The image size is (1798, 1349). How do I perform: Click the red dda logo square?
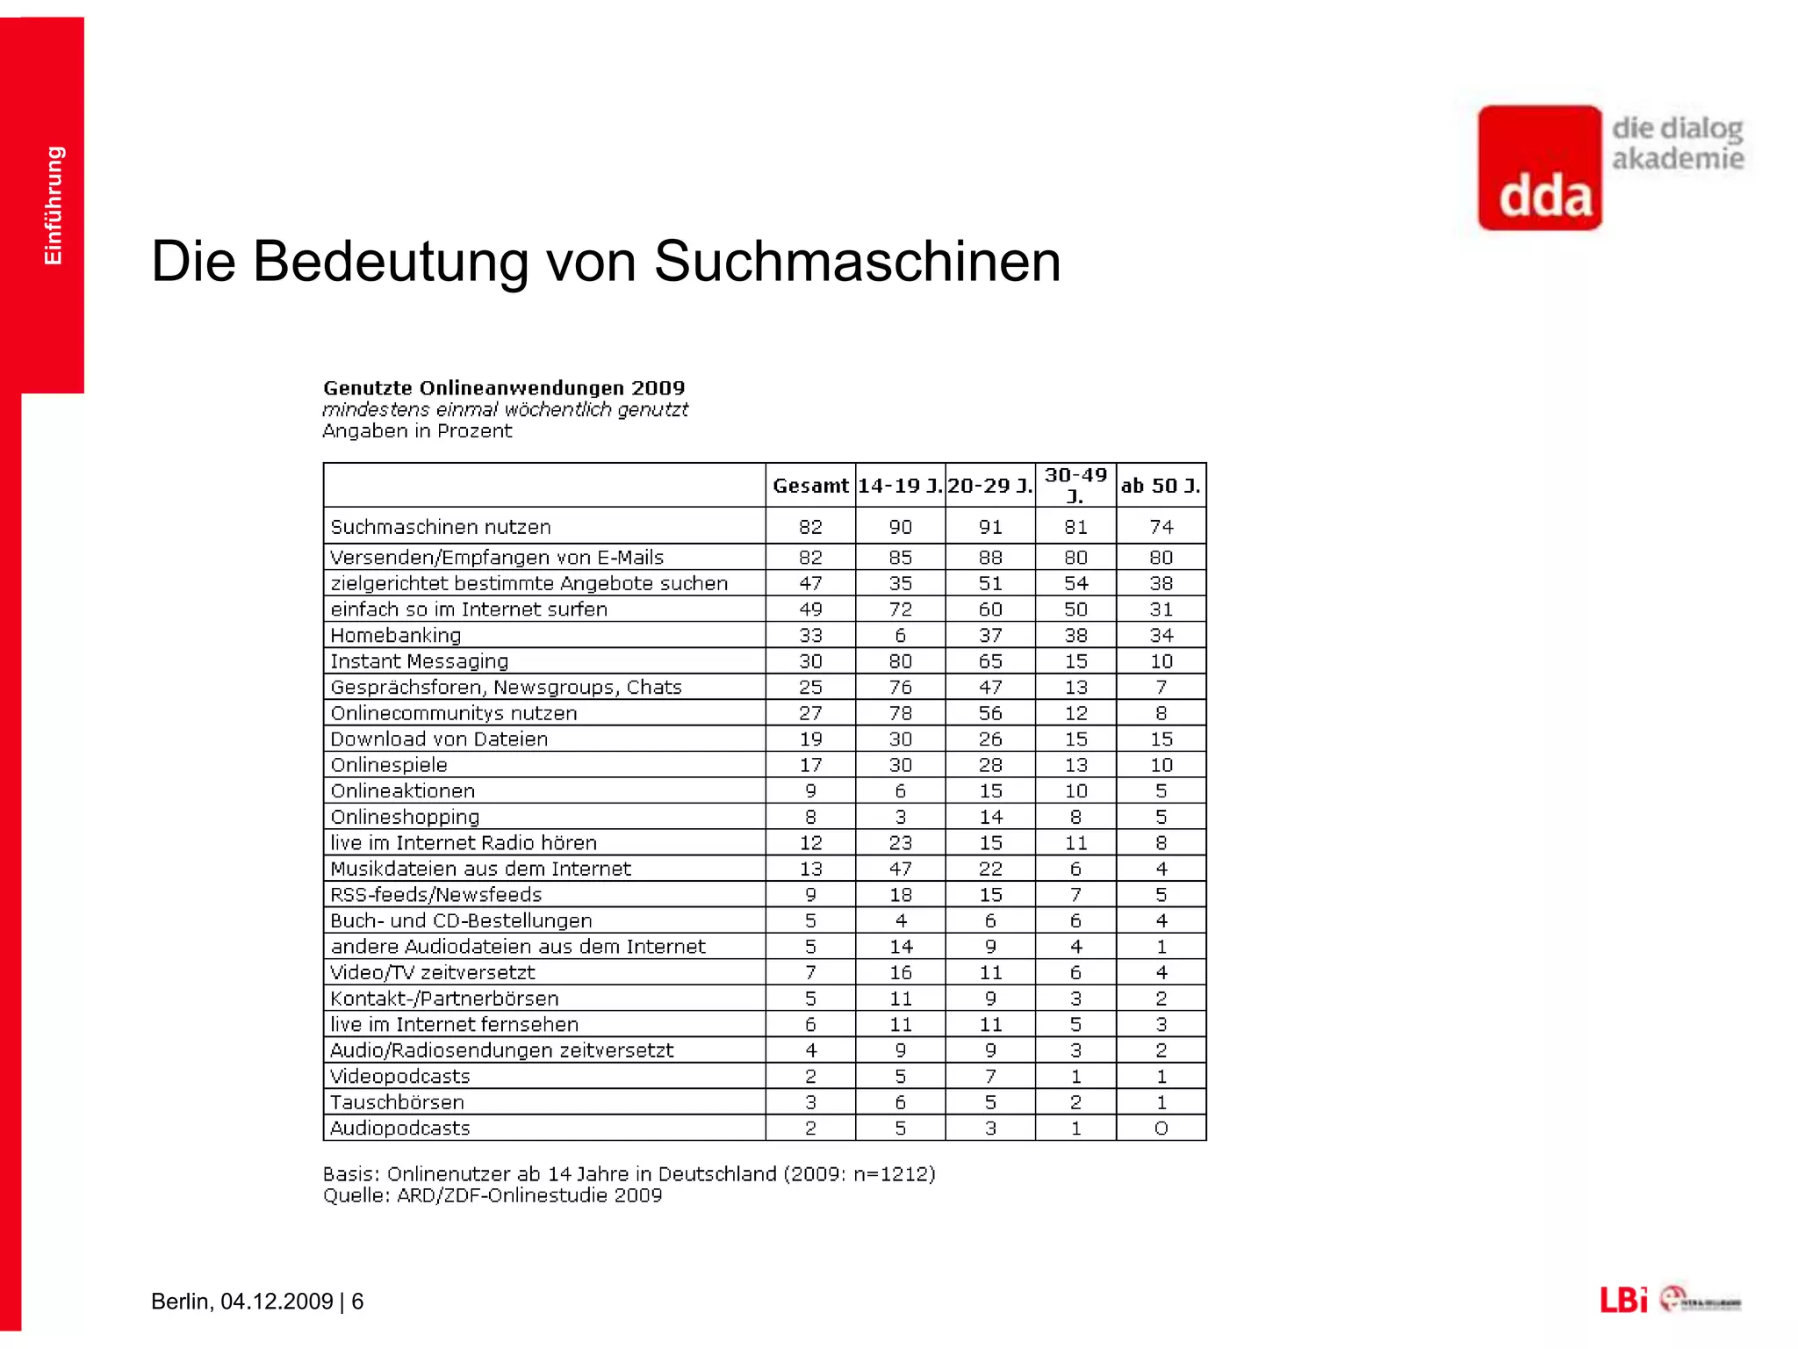[x=1540, y=168]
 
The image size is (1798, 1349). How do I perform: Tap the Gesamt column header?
[x=810, y=486]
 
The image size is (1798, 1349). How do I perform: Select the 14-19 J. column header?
[x=900, y=486]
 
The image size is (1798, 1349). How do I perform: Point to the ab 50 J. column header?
[x=1161, y=486]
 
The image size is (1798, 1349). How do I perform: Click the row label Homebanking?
[x=395, y=635]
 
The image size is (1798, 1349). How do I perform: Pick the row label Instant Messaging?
[x=419, y=661]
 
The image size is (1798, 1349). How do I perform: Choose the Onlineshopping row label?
[x=405, y=817]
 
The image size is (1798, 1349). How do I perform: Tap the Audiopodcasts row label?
[x=399, y=1129]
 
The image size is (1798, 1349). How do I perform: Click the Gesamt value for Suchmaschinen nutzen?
[x=810, y=527]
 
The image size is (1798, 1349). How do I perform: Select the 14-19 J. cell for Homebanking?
[x=900, y=635]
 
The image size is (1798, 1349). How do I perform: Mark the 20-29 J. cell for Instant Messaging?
[x=990, y=661]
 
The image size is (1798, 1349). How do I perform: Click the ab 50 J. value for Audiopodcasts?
[x=1161, y=1129]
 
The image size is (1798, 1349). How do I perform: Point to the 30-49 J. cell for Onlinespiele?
[x=1075, y=765]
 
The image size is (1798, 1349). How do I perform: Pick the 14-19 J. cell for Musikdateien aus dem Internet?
[x=900, y=869]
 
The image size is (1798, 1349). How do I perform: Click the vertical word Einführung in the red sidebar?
[x=54, y=206]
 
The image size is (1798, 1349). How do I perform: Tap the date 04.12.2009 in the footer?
[x=277, y=1301]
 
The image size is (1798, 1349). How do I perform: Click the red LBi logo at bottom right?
[x=1623, y=1300]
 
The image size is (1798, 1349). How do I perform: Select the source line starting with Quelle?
[x=492, y=1195]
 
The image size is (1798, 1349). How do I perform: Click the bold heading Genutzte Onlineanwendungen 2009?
[x=504, y=388]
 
